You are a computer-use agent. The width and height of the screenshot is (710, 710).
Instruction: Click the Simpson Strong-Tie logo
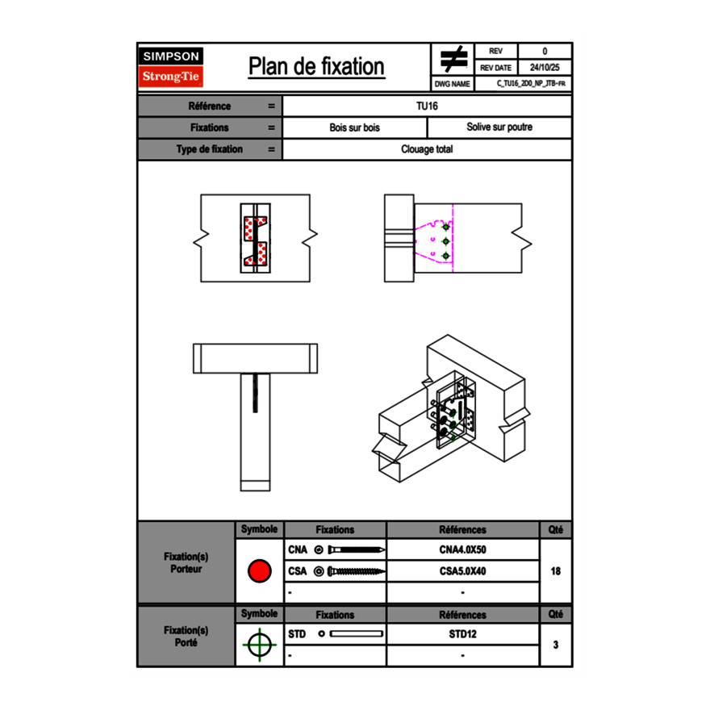tap(172, 67)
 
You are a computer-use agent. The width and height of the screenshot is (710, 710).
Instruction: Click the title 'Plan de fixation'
tap(316, 67)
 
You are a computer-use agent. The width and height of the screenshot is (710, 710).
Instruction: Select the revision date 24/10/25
tap(545, 68)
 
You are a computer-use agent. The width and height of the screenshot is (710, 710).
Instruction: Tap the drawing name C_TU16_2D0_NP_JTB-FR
tap(531, 84)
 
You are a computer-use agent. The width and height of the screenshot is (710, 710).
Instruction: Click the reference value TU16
tap(427, 106)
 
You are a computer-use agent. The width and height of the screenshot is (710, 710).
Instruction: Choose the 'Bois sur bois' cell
tap(354, 127)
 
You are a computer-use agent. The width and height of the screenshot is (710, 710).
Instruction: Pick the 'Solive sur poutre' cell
tap(499, 127)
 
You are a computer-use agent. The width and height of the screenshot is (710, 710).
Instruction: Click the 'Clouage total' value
tap(427, 149)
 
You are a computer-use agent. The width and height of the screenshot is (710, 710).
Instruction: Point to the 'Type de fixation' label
tap(209, 149)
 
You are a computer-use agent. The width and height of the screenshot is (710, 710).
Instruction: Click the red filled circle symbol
tap(259, 571)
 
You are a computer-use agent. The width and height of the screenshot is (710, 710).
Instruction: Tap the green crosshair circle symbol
tap(259, 645)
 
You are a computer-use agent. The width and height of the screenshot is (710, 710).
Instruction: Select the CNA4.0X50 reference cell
tap(462, 550)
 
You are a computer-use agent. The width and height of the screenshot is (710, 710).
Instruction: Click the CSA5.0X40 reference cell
tap(462, 571)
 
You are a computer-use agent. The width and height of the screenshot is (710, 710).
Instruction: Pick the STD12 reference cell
tap(462, 634)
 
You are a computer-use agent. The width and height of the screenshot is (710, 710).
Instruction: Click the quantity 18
tap(555, 571)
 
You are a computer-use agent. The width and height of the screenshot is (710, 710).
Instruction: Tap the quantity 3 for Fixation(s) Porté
tap(555, 645)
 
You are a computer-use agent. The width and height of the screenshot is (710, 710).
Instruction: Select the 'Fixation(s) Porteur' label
tap(186, 562)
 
